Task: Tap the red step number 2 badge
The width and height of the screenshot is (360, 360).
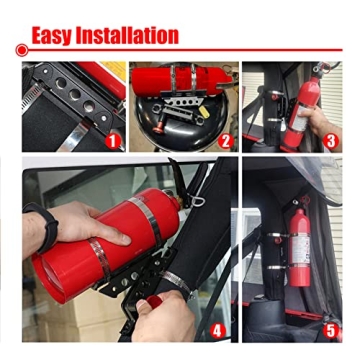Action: click(225, 140)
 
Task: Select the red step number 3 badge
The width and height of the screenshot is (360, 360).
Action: click(331, 140)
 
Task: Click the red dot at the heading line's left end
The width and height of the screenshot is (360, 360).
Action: click(20, 48)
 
